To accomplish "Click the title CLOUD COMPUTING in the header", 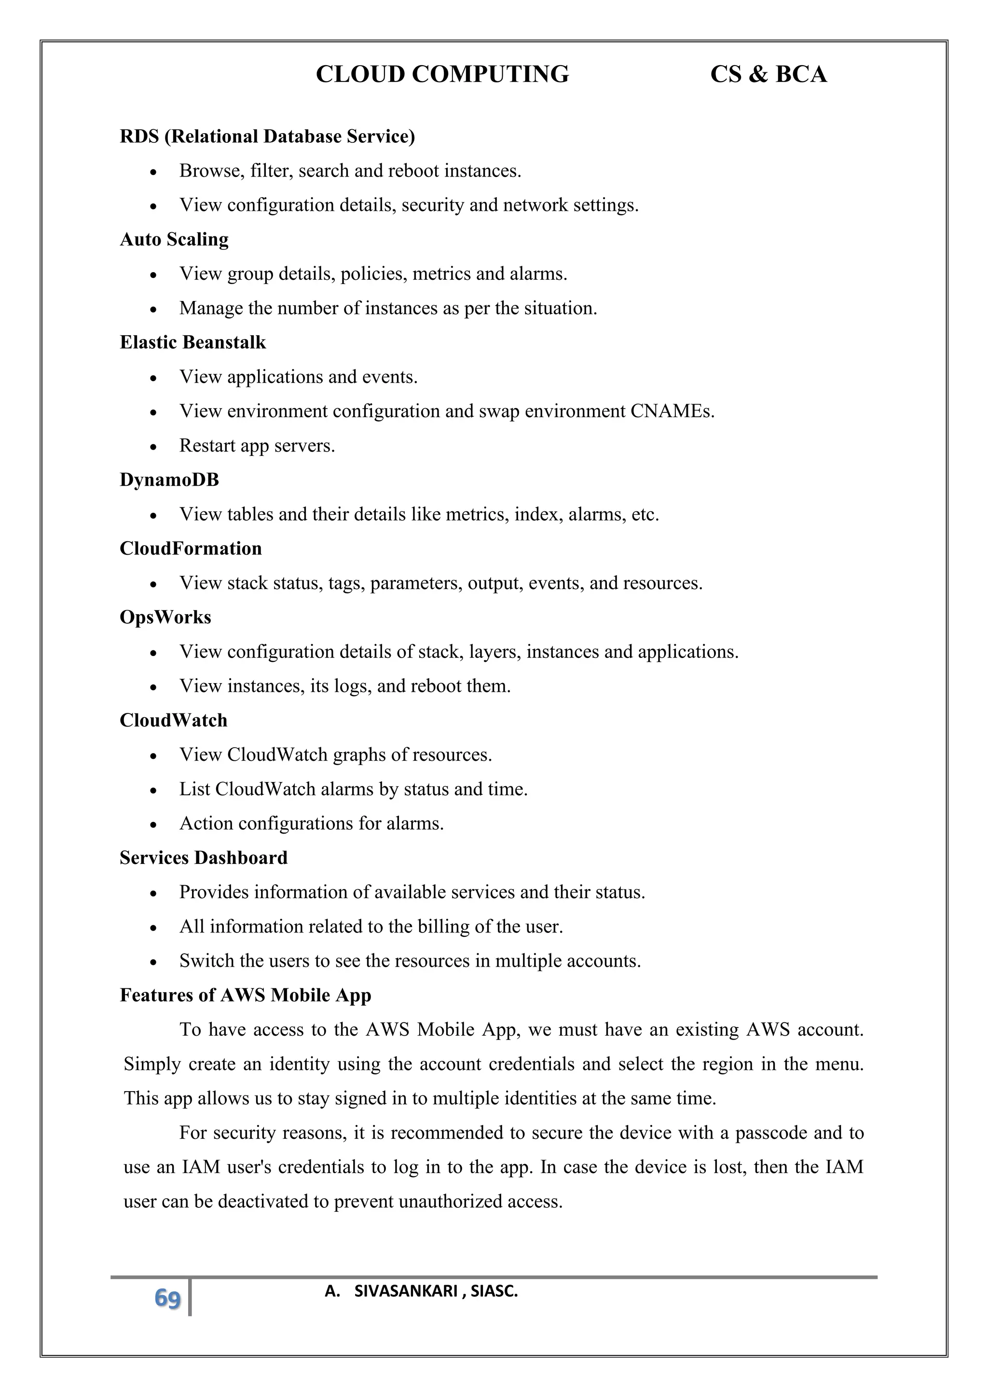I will (442, 74).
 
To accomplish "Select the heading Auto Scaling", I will (174, 239).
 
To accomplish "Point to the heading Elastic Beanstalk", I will (193, 342).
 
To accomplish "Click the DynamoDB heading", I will (169, 479).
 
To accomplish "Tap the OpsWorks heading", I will (165, 617).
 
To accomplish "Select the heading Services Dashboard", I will (203, 857).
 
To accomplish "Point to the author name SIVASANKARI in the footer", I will (405, 1291).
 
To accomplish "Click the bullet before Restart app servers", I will (154, 447).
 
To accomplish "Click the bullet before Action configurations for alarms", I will (154, 825).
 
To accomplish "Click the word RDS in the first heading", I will (139, 137).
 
